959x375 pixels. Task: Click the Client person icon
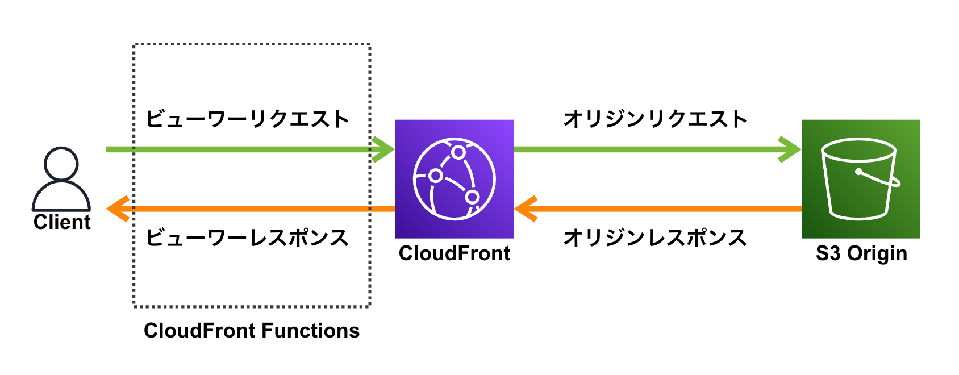point(61,179)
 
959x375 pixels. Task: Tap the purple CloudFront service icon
point(455,179)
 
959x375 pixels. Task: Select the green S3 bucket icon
point(861,179)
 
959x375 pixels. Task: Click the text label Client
point(62,222)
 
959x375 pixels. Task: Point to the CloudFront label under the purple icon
point(455,253)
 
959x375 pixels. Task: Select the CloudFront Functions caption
point(252,331)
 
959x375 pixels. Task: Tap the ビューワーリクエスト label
point(248,119)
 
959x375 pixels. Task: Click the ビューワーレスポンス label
point(248,238)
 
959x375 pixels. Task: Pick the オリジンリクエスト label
point(656,119)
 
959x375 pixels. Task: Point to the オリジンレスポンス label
point(656,238)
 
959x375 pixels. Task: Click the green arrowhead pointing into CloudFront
point(383,149)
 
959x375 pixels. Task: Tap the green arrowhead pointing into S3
point(790,149)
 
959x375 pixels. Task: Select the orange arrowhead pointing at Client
point(118,209)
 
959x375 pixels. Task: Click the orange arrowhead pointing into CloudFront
point(526,209)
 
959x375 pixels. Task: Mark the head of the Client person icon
point(61,164)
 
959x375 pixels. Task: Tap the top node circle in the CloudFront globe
point(458,152)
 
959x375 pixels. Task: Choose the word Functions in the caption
point(310,331)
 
